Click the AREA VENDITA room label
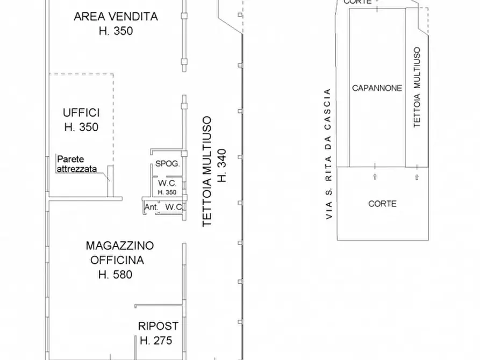[x=116, y=17]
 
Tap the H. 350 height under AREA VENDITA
[x=116, y=31]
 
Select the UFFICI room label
[x=81, y=113]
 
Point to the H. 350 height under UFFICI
[x=81, y=127]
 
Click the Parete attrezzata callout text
[x=76, y=164]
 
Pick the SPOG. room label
[x=167, y=164]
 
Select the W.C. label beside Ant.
[x=173, y=207]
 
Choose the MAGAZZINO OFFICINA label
[x=119, y=253]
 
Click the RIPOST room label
[x=158, y=326]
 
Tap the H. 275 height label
[x=156, y=340]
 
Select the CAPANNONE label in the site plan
[x=377, y=88]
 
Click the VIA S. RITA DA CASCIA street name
[x=329, y=154]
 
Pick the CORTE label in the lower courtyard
[x=383, y=204]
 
